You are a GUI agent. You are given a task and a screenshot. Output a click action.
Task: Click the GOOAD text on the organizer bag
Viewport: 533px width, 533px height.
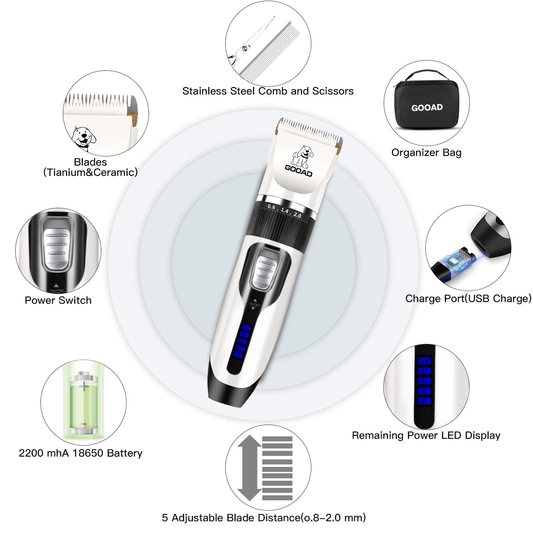(427, 108)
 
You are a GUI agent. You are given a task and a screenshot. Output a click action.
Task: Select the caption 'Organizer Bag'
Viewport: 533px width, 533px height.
(426, 153)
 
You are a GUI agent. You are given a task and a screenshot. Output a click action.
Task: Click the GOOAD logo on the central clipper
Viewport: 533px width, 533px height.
(298, 171)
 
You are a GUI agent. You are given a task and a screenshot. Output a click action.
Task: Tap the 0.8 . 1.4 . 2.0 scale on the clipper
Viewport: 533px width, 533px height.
(284, 211)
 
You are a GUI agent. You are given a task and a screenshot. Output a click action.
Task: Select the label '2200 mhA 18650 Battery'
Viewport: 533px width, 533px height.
(80, 453)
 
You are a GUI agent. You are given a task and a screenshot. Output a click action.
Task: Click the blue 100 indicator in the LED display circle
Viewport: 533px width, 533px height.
(424, 361)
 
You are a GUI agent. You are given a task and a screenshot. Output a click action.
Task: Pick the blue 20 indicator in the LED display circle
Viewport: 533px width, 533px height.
(424, 401)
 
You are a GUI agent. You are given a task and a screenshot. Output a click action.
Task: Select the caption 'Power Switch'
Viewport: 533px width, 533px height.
(58, 300)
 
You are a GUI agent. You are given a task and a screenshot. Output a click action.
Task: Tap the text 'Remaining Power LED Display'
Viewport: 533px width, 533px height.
(426, 436)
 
